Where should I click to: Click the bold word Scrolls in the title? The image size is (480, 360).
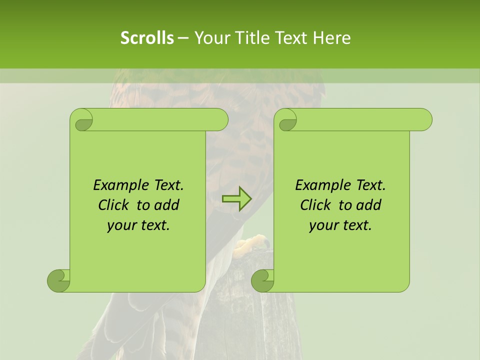coord(147,38)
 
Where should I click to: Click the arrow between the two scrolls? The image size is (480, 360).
coord(237,199)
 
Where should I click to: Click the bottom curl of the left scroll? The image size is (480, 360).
coord(59,280)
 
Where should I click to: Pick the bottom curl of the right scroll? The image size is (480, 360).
coord(263,280)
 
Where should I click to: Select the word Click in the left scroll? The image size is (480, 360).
coord(109,205)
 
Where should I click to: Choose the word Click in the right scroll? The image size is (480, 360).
coord(311,205)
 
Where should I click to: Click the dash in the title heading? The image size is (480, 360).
coord(183,38)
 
